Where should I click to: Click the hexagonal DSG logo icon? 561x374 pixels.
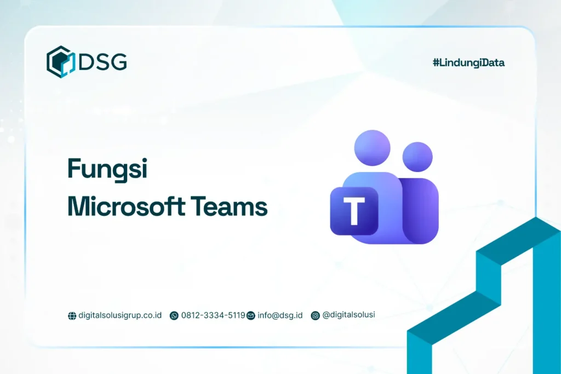click(60, 61)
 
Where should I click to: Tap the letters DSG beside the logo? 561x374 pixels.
click(103, 62)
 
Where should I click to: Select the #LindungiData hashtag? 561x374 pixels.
click(468, 63)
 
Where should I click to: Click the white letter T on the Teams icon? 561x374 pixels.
click(354, 211)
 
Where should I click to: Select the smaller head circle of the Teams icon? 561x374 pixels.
click(417, 157)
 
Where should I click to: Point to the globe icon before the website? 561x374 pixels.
click(72, 316)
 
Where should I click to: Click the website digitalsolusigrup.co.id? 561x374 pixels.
click(120, 315)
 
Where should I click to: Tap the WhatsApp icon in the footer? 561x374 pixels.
click(174, 316)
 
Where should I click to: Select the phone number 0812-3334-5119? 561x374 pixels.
click(213, 315)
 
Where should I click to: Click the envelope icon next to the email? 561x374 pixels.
click(251, 316)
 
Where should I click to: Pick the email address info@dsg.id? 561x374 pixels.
click(280, 315)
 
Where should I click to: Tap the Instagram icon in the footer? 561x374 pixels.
click(315, 316)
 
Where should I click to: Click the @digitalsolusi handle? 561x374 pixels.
click(349, 315)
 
